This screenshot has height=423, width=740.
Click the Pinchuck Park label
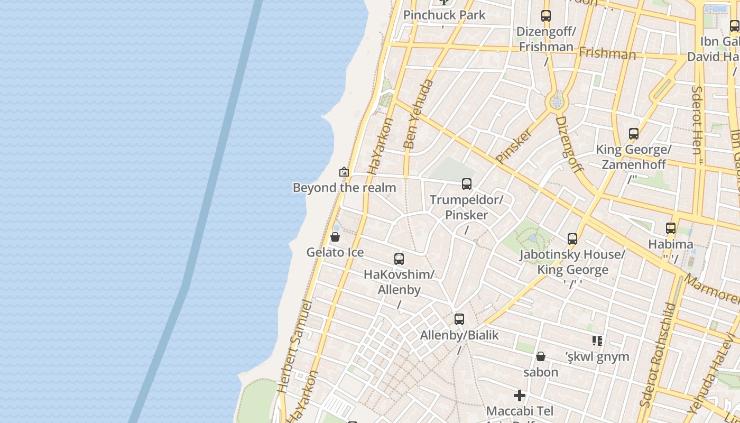click(x=444, y=15)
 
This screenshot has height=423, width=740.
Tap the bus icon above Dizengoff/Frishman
click(x=546, y=16)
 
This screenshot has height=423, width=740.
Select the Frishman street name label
click(x=607, y=53)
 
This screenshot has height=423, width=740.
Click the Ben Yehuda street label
click(x=418, y=114)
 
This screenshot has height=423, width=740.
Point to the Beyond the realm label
click(x=344, y=188)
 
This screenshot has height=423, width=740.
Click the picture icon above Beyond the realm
click(x=344, y=172)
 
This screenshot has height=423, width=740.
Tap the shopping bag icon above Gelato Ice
click(x=335, y=237)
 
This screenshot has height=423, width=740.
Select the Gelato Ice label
click(x=335, y=252)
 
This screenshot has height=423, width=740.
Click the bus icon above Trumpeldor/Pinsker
click(x=467, y=184)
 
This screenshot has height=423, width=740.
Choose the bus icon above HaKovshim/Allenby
click(x=399, y=259)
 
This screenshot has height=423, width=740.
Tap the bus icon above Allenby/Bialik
click(x=459, y=319)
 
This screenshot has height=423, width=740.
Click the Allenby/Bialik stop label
click(x=459, y=335)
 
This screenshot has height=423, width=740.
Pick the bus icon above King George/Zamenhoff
click(x=634, y=134)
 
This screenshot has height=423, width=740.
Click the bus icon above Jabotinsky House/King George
click(x=572, y=239)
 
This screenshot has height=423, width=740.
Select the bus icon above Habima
click(x=671, y=229)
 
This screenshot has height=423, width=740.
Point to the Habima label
click(x=671, y=244)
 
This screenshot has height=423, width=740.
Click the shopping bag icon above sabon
click(x=541, y=357)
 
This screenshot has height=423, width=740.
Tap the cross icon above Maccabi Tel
click(x=520, y=396)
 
